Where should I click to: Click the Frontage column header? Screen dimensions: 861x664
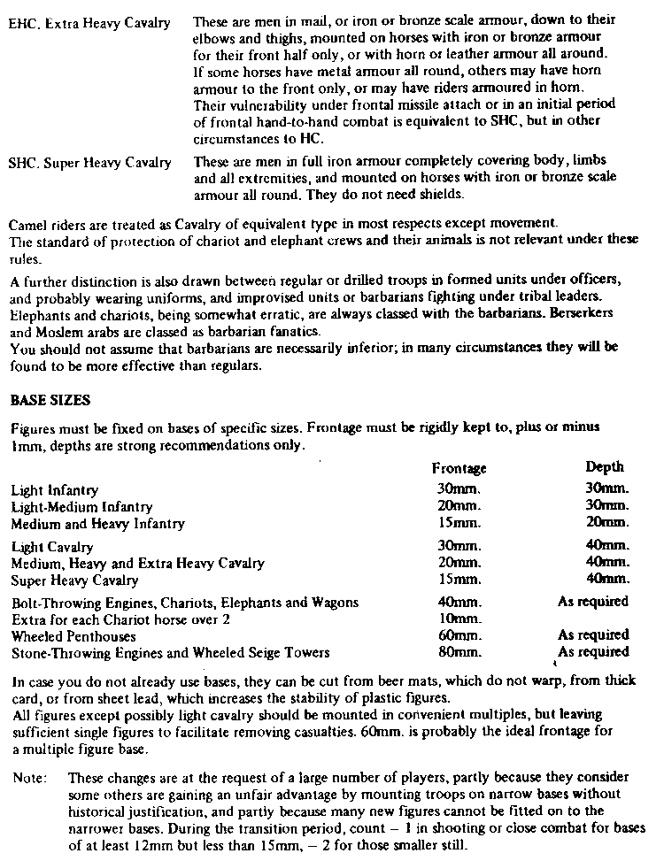point(459,468)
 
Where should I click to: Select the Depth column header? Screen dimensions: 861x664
point(605,466)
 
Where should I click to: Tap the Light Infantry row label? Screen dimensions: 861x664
point(55,490)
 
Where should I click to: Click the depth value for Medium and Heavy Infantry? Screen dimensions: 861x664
point(606,523)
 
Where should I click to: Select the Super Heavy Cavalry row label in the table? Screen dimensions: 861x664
point(74,580)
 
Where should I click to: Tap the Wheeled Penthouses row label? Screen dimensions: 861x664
point(73,635)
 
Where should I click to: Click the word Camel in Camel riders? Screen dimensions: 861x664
point(27,219)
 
